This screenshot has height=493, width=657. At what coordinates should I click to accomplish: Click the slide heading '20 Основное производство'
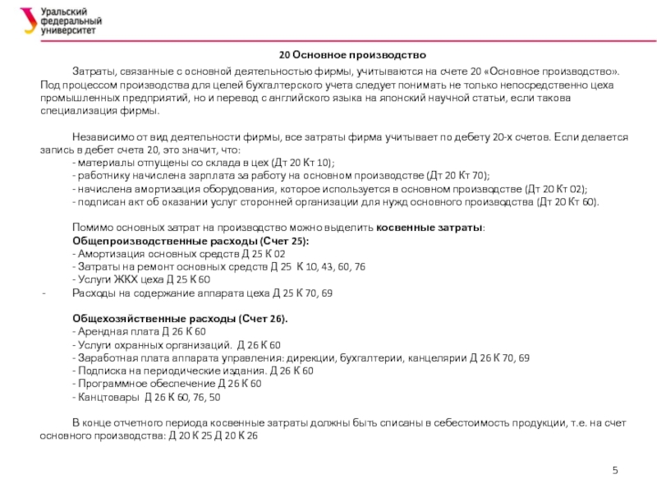[352, 55]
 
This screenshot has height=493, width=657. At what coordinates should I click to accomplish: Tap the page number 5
[614, 469]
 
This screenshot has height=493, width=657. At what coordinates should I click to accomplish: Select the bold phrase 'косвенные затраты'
[430, 228]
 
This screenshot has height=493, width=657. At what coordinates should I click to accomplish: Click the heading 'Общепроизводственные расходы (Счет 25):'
[191, 241]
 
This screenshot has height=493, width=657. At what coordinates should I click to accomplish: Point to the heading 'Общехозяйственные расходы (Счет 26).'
[181, 318]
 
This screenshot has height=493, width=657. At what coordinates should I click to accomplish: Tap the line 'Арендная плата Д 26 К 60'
[139, 331]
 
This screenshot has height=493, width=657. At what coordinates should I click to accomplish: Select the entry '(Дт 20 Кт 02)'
[557, 189]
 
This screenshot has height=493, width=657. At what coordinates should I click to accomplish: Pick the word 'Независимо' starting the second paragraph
[102, 137]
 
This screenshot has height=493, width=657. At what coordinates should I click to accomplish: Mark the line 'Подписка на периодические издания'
[193, 371]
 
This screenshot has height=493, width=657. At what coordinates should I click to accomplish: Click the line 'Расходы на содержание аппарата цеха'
[202, 293]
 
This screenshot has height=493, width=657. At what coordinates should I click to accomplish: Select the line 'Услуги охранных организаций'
[177, 344]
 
